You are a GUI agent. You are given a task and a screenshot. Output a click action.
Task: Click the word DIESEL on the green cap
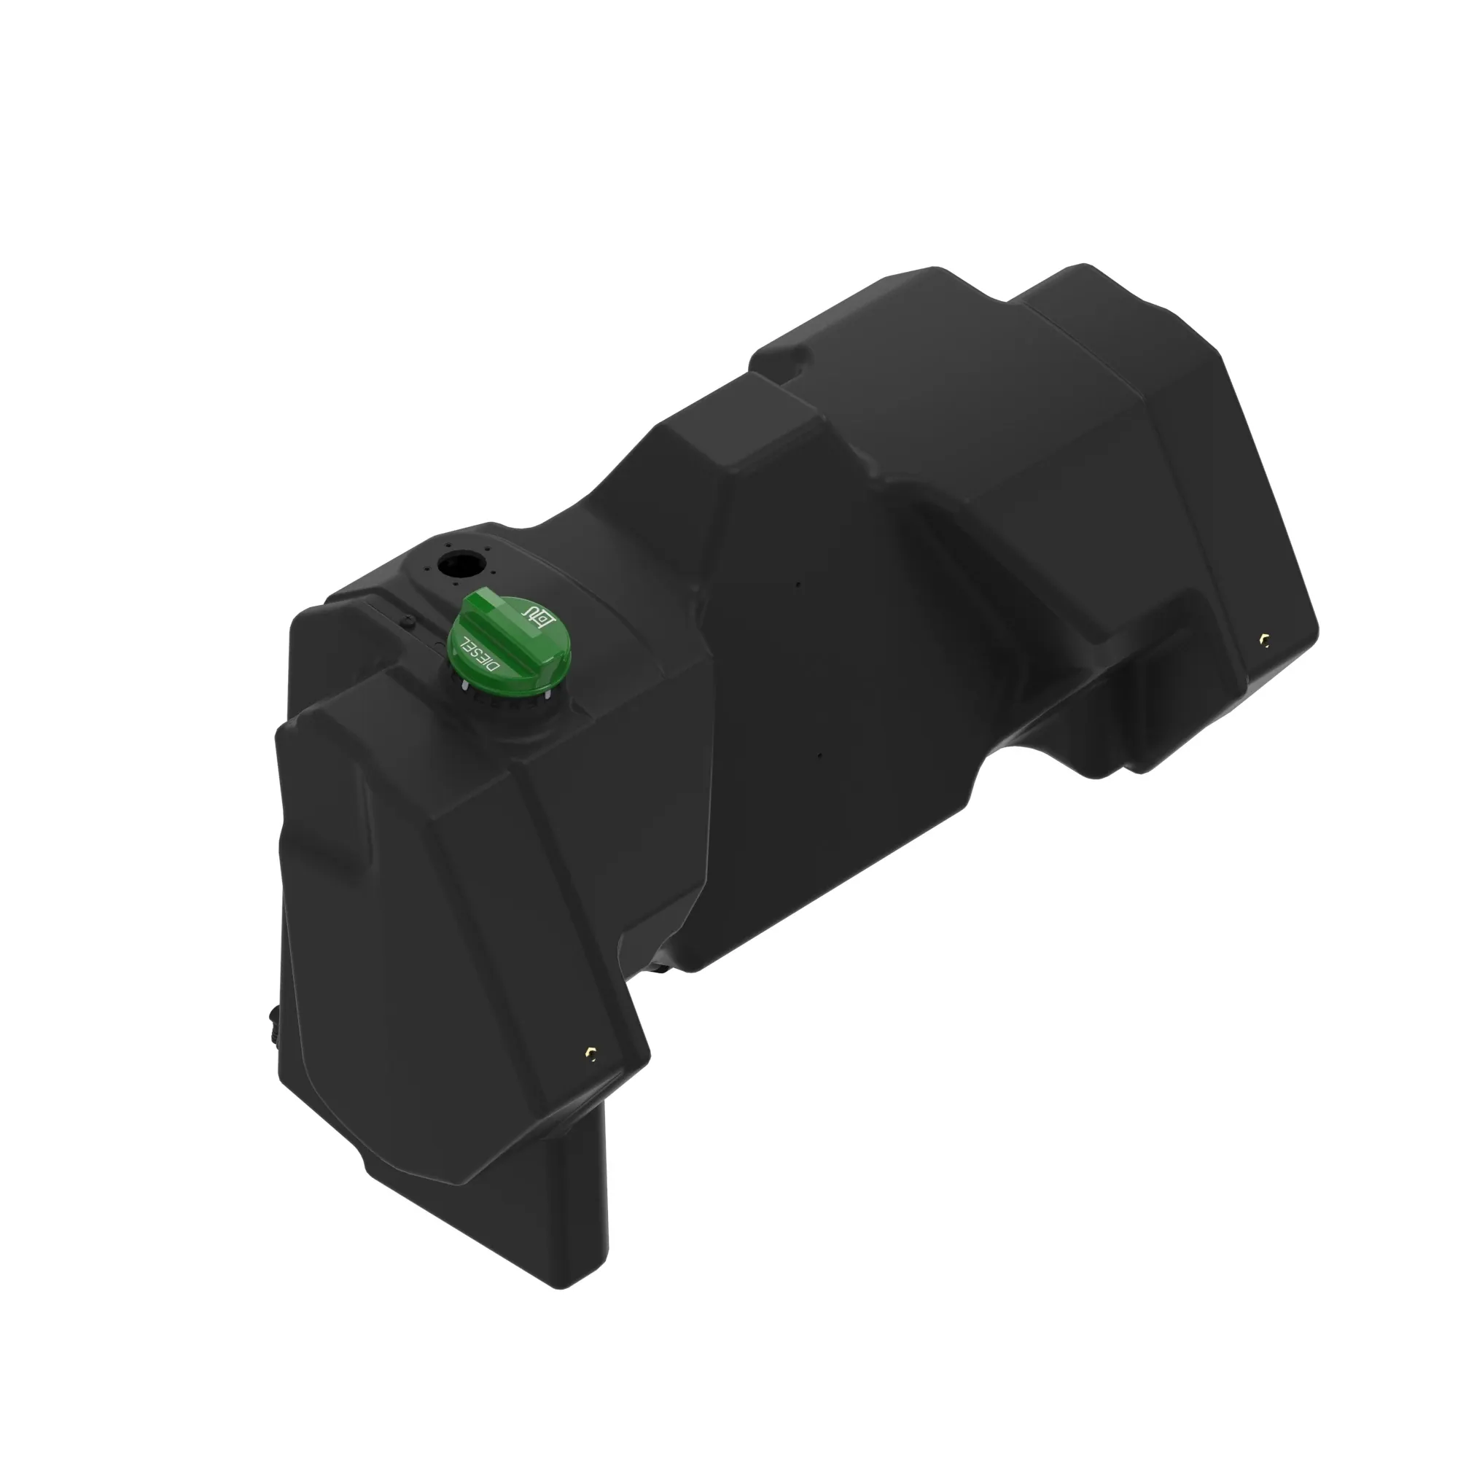click(480, 655)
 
